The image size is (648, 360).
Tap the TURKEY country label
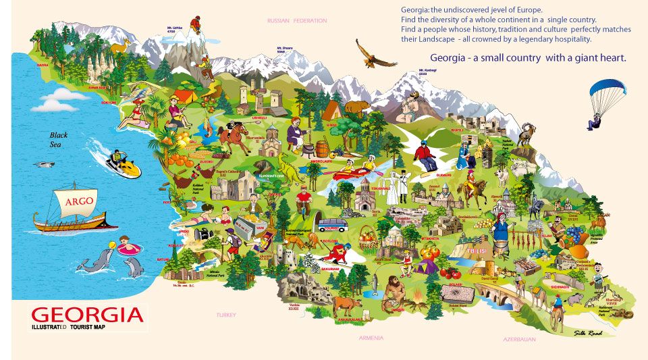(226, 315)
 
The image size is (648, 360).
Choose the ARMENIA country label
(371, 337)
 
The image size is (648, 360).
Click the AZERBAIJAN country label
(519, 339)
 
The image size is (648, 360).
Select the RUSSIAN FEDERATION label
(296, 21)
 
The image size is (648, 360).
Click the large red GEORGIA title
(88, 315)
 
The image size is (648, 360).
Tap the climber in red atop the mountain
(195, 26)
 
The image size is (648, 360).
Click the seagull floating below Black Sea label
(45, 164)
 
